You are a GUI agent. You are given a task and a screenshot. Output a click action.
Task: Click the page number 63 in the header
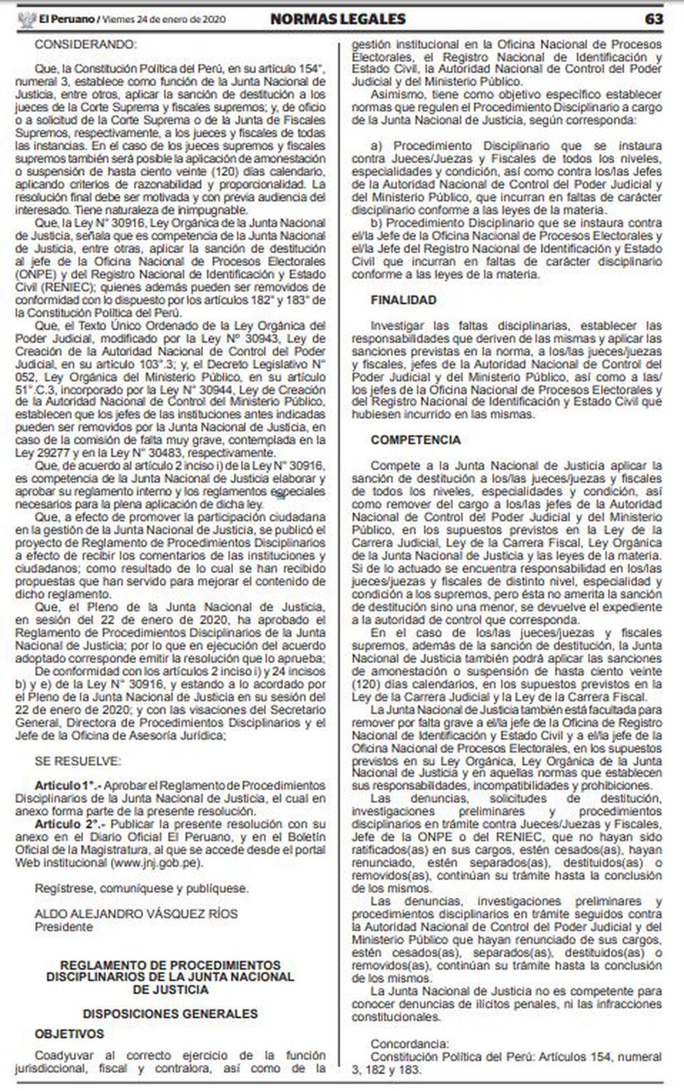point(653,19)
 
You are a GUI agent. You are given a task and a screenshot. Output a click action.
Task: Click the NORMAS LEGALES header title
point(338,19)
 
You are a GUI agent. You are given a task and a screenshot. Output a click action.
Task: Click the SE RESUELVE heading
point(77,761)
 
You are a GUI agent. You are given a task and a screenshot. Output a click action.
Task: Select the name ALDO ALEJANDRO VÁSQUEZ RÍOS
point(136,914)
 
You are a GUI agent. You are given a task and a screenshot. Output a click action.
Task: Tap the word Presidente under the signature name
point(64,926)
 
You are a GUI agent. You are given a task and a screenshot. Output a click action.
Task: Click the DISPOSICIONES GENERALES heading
point(170,1013)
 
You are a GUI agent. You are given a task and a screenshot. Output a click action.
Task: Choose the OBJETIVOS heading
point(69,1033)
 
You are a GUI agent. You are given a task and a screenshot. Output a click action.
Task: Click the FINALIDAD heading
point(403,300)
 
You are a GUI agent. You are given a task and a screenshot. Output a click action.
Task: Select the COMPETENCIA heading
point(415,440)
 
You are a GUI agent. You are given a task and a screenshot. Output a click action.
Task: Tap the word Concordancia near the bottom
point(410,1044)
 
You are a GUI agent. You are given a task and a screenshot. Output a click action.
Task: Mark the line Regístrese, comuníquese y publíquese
point(142,889)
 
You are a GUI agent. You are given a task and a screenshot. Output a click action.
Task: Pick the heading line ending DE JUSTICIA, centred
point(170,990)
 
